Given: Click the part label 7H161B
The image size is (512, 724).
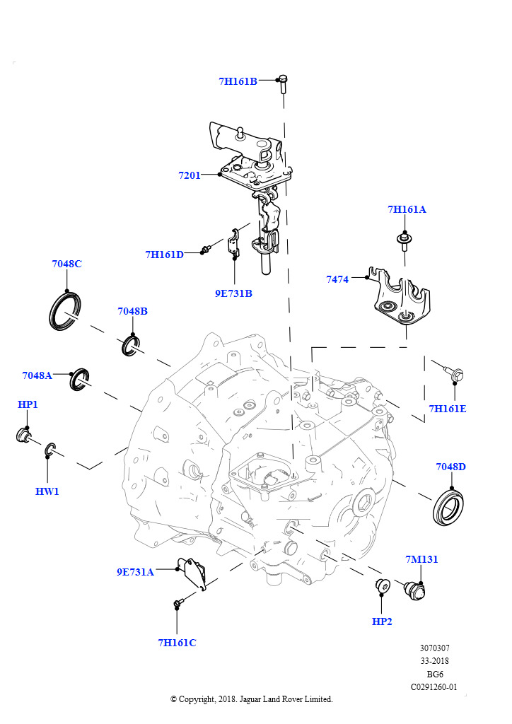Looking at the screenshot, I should click(x=238, y=81).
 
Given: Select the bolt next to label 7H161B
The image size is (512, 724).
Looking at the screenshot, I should click(x=282, y=83).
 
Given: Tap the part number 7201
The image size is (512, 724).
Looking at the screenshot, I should click(x=190, y=175).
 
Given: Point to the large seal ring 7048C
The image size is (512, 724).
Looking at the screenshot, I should click(x=65, y=311).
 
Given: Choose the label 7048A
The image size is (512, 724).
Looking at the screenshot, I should click(x=37, y=375).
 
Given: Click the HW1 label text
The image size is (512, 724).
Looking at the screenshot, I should click(x=47, y=491).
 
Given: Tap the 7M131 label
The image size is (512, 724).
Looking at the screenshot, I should click(x=421, y=559).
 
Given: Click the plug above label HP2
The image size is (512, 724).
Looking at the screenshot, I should click(x=382, y=586).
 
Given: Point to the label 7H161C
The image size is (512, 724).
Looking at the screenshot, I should click(x=177, y=642).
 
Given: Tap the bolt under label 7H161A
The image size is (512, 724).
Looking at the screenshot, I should click(x=404, y=240).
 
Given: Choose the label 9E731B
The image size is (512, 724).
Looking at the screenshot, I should click(x=233, y=293).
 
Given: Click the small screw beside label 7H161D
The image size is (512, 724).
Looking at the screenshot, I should click(x=206, y=249).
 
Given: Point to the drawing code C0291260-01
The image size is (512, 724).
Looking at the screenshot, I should click(x=434, y=687).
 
